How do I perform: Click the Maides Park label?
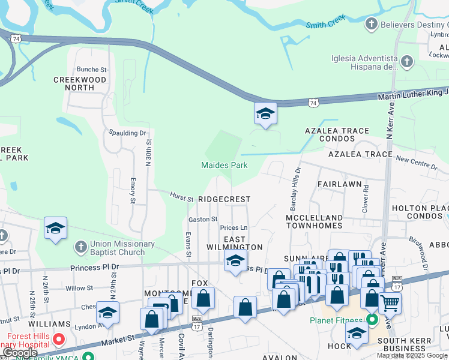[224, 165]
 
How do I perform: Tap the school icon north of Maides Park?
[265, 113]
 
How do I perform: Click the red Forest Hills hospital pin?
[58, 340]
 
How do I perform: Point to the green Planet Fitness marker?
[372, 320]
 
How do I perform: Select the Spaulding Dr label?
[127, 133]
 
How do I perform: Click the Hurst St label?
[181, 197]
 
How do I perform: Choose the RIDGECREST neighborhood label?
[224, 199]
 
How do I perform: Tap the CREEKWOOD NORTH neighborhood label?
[80, 83]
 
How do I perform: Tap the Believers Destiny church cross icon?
[372, 25]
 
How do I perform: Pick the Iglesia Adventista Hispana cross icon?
[407, 62]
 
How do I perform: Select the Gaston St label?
[203, 220]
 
